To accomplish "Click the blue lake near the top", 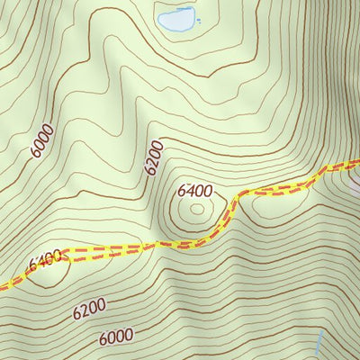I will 176,17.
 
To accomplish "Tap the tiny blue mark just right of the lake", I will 199,20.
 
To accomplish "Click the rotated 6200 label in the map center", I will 154,157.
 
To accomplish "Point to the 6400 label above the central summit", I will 194,191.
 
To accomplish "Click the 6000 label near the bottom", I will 117,337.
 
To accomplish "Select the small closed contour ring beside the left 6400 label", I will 45,272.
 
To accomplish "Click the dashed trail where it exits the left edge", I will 4,286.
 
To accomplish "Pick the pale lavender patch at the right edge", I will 355,186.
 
